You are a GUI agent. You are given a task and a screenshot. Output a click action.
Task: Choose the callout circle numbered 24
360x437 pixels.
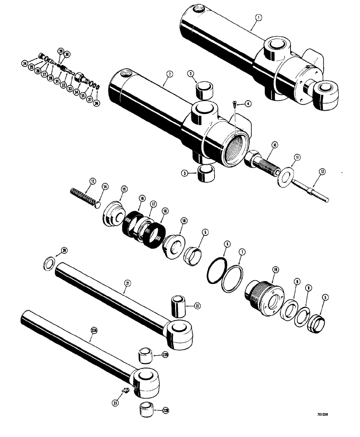click(24, 63)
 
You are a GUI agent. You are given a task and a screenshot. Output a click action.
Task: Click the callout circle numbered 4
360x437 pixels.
click(248, 104)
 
